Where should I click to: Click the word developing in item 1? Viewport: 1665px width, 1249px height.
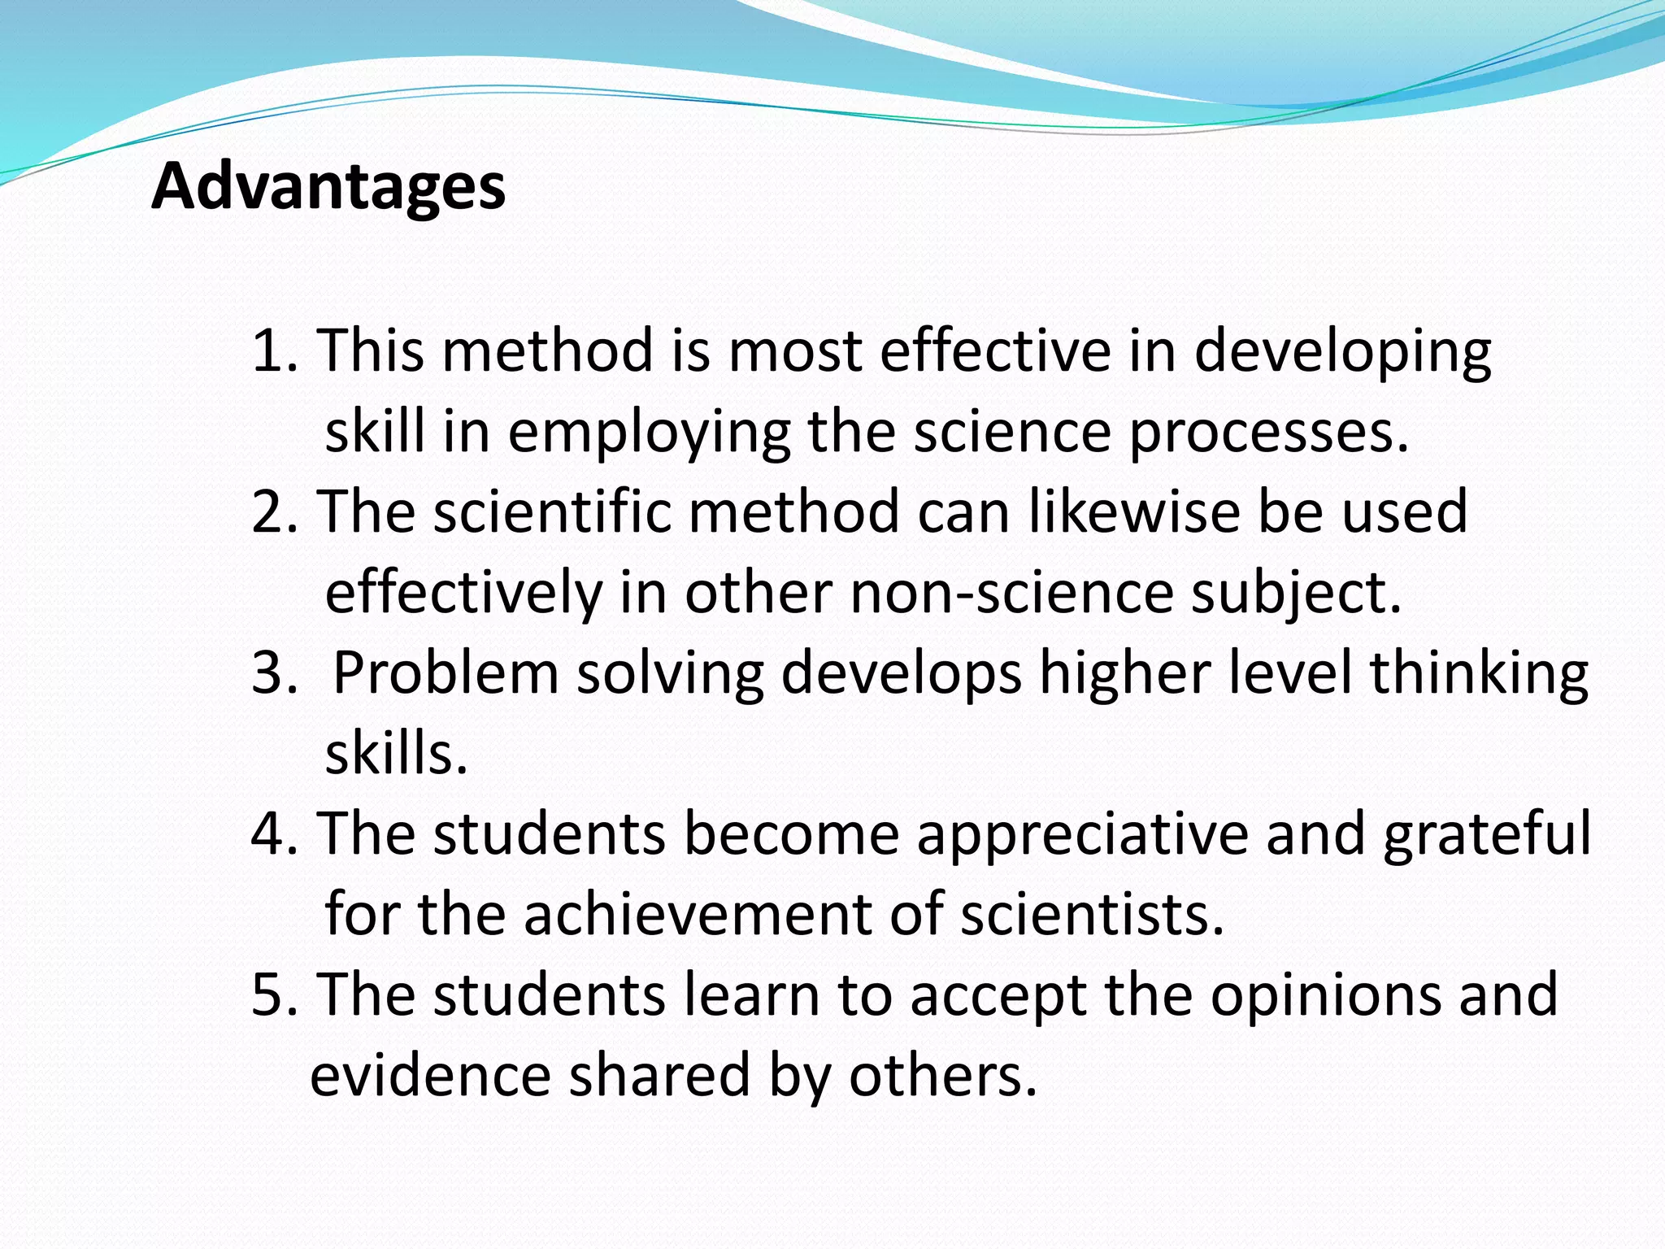click(x=1342, y=352)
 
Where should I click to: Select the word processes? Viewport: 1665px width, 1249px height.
click(x=1269, y=433)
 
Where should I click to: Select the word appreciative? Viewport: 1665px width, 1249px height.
click(x=1082, y=835)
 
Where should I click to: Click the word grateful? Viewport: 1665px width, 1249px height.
click(x=1487, y=835)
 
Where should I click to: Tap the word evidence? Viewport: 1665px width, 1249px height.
click(x=430, y=1075)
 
